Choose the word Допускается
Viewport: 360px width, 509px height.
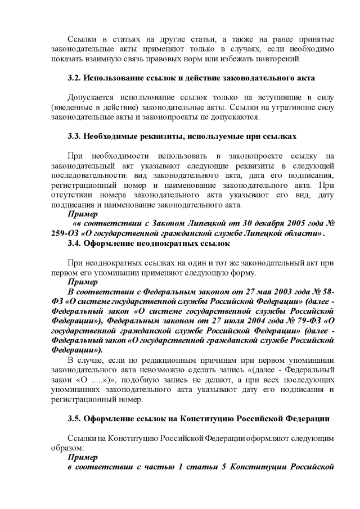[93, 97]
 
